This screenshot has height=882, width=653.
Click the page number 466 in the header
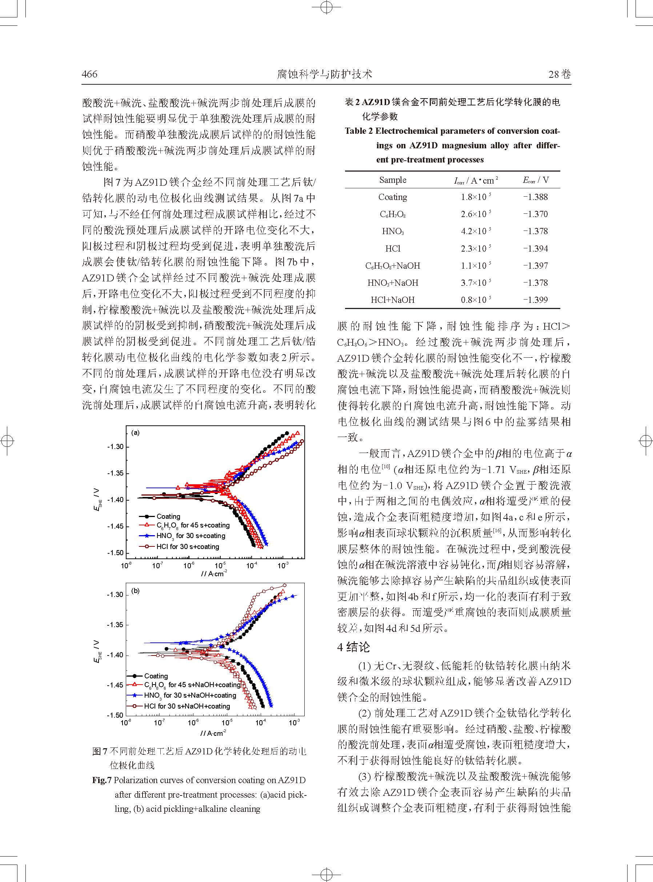point(89,74)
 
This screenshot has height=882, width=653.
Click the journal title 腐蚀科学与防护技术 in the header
point(325,74)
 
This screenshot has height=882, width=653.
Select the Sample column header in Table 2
point(393,180)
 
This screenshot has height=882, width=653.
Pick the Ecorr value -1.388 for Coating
point(535,197)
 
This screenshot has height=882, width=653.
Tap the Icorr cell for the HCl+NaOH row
point(476,300)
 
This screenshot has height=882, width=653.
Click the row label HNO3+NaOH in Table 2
point(393,283)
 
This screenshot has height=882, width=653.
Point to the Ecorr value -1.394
point(535,249)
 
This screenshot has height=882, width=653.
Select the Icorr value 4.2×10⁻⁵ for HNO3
point(476,231)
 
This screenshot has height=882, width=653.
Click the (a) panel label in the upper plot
point(136,433)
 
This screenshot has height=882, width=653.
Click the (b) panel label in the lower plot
point(136,591)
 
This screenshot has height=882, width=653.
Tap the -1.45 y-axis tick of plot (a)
point(115,526)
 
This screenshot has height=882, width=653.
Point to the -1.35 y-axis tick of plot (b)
point(115,625)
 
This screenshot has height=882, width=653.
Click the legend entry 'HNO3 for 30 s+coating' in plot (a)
point(191,536)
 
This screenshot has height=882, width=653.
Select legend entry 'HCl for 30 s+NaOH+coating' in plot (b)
point(187,706)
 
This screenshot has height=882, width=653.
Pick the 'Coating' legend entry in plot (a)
point(168,517)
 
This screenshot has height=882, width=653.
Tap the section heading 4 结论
point(354,647)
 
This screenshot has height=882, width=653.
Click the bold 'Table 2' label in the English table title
point(358,131)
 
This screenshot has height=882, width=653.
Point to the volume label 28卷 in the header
point(559,74)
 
